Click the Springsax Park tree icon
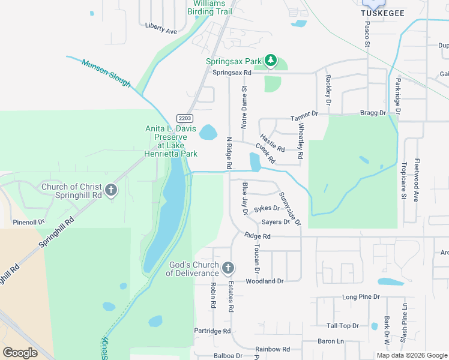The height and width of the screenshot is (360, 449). (x=271, y=60)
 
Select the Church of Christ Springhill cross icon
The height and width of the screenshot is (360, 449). (x=110, y=191)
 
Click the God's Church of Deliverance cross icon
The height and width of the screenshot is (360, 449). (x=228, y=268)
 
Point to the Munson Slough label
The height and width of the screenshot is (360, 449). (x=106, y=73)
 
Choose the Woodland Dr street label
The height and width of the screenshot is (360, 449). (x=264, y=281)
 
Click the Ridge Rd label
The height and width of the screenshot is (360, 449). (x=258, y=236)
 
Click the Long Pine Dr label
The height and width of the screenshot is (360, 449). (x=361, y=297)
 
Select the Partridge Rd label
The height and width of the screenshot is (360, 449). (x=212, y=331)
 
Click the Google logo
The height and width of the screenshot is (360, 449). (x=20, y=353)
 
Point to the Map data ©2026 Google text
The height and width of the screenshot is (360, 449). (x=411, y=355)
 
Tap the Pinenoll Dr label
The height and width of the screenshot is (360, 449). (x=29, y=222)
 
